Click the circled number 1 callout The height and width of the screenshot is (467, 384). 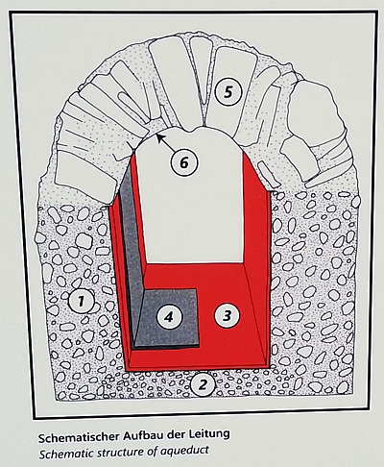coord(82,301)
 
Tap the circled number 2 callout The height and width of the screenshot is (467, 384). coord(203,384)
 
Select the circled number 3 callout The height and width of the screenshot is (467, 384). coord(227,316)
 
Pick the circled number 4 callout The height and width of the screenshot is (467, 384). coord(169,317)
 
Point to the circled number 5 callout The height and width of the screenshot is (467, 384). coord(228,92)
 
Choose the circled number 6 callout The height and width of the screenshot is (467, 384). coord(184,162)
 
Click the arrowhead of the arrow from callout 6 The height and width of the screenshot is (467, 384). coord(158,136)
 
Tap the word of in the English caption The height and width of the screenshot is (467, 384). coord(152,451)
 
